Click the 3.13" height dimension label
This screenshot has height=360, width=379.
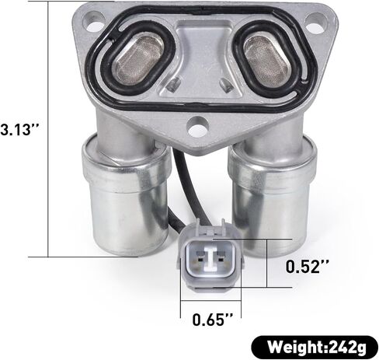click(x=20, y=129)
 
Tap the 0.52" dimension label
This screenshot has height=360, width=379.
click(x=308, y=266)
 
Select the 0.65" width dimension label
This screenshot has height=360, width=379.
click(x=213, y=320)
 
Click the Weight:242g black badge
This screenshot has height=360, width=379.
click(x=314, y=347)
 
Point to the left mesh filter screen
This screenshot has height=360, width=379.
click(x=138, y=60)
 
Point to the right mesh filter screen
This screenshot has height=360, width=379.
click(x=266, y=60)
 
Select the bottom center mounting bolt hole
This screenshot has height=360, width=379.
click(x=198, y=128)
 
